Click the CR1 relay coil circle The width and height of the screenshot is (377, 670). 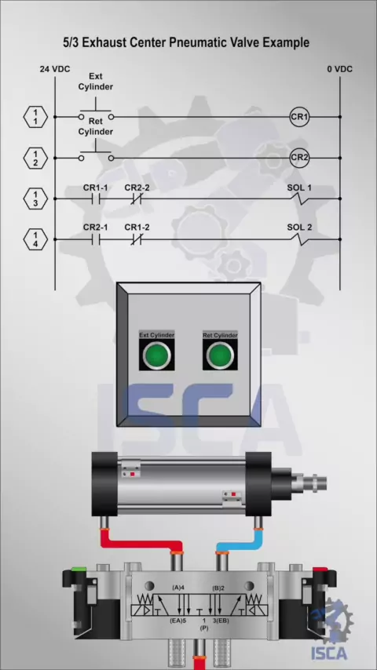[x=299, y=117]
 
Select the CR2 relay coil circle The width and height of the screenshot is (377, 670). [x=299, y=158]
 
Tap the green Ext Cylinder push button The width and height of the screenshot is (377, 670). [x=156, y=355]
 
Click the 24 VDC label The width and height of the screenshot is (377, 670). [x=55, y=69]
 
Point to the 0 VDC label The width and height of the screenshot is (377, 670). [x=340, y=69]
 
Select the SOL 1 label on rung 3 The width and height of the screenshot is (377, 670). [x=299, y=188]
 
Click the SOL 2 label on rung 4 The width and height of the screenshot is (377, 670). [x=299, y=228]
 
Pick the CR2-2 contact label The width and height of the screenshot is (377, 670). [x=137, y=188]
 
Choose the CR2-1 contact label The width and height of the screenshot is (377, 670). [x=95, y=228]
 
